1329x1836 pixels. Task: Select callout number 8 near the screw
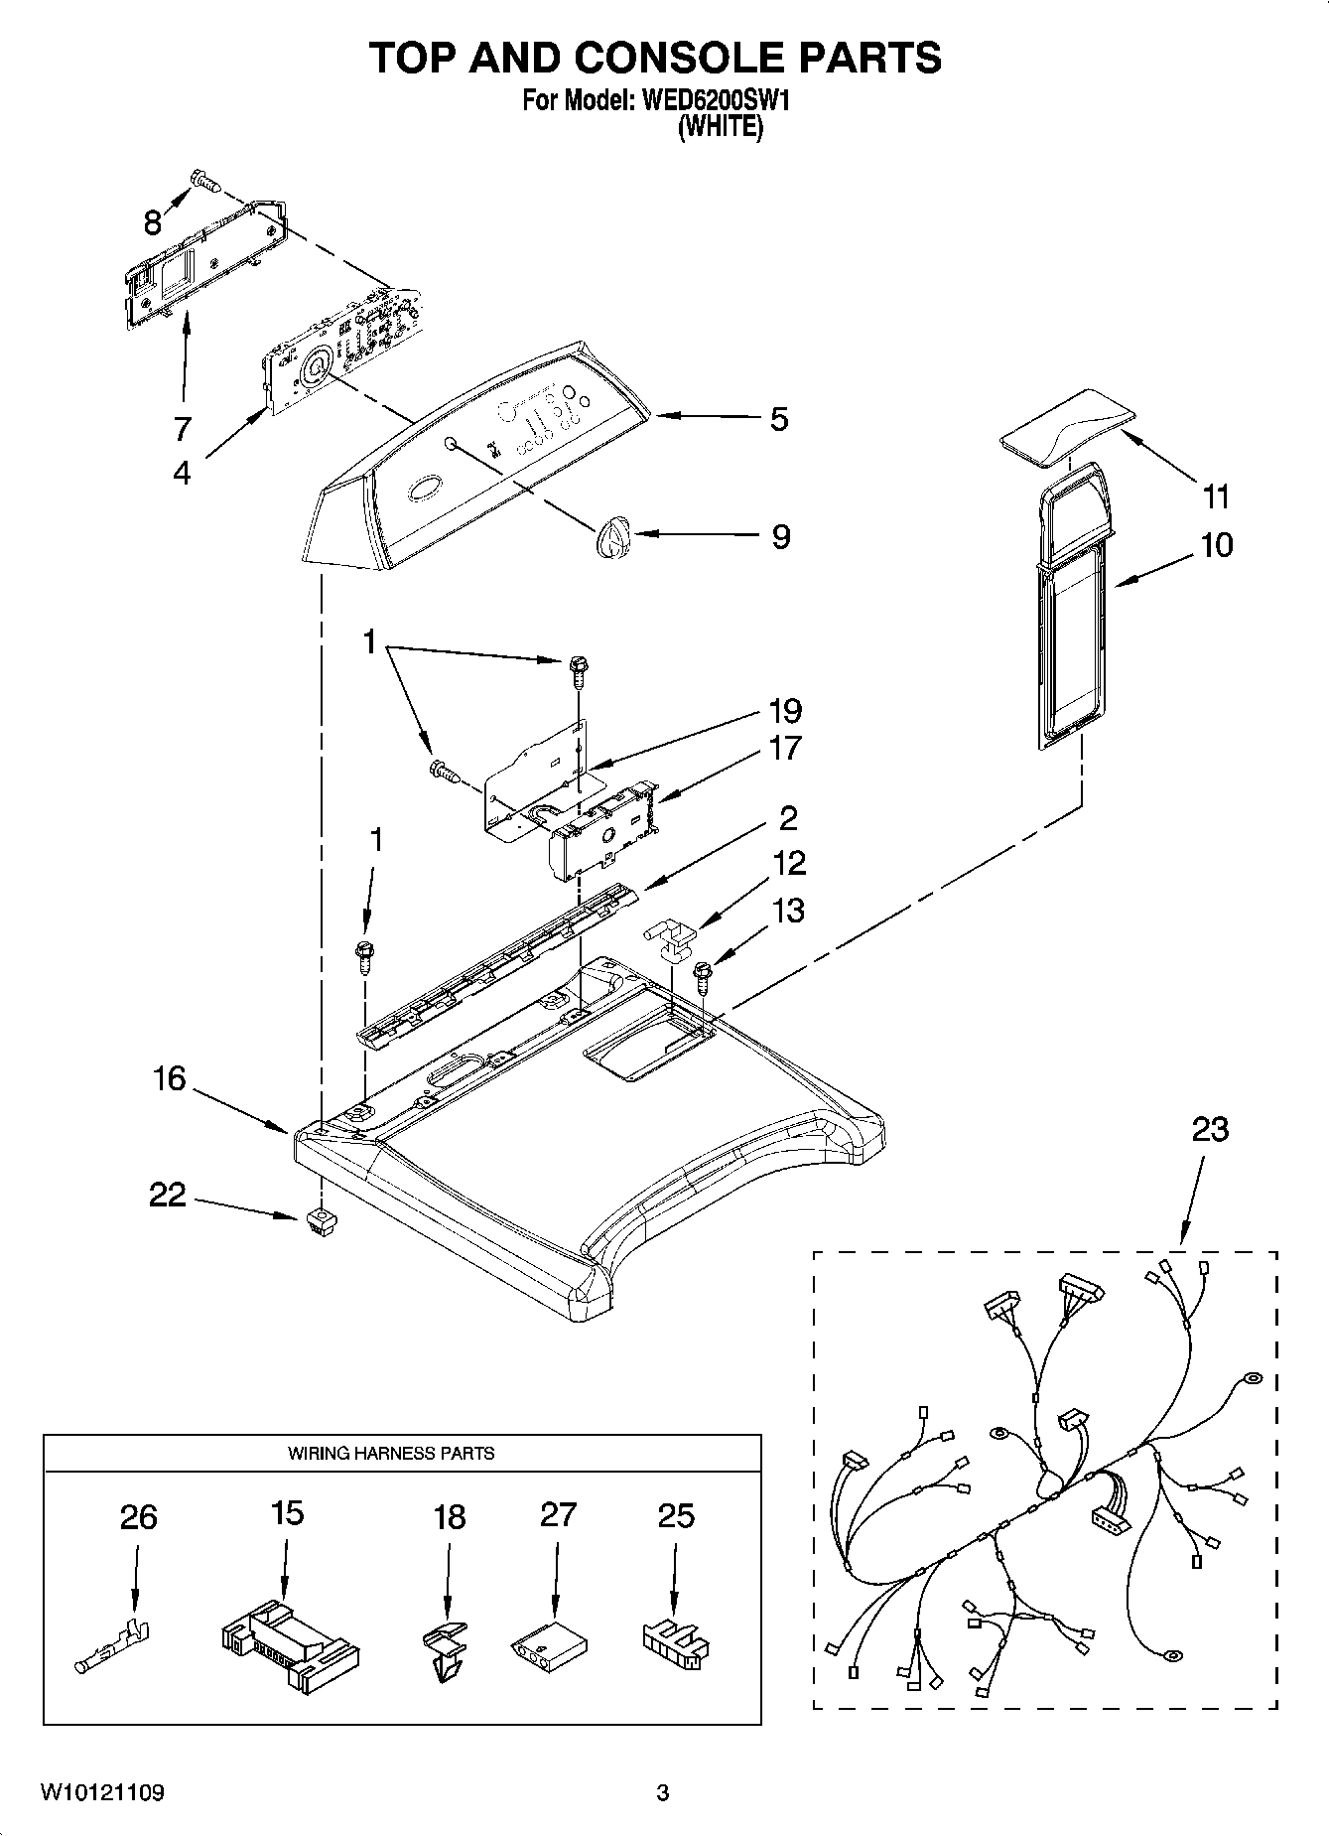click(x=152, y=222)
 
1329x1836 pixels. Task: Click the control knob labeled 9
click(x=613, y=538)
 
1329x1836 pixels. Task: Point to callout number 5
click(x=779, y=419)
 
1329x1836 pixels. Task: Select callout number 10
click(x=1217, y=545)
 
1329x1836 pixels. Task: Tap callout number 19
click(x=784, y=711)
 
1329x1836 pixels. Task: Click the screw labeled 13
click(x=705, y=977)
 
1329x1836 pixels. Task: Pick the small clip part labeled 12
click(x=671, y=938)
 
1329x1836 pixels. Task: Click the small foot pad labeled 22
click(x=319, y=1222)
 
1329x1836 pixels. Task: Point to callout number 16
click(x=170, y=1078)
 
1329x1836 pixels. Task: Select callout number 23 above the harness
click(x=1210, y=1129)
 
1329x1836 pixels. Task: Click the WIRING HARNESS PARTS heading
click(x=391, y=1453)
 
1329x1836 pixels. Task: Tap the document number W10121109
click(x=102, y=1792)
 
